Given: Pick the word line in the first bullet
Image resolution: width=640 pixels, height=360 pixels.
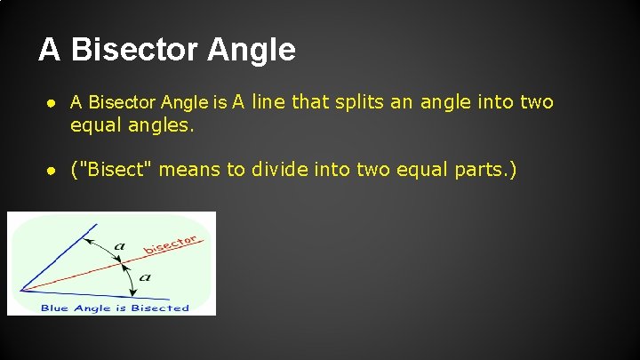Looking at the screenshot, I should [271, 102].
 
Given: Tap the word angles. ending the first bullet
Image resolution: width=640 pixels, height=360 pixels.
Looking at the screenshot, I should [157, 127].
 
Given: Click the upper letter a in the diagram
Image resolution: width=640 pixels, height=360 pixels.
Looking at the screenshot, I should [120, 246].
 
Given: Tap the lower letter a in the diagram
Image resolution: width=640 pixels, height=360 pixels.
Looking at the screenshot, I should [145, 276].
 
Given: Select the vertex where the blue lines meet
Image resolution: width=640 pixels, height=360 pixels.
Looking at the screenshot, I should [20, 288].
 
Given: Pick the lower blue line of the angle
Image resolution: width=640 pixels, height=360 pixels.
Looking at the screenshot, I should [80, 292].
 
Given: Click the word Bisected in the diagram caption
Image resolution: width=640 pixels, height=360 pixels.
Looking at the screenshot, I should [160, 308].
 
